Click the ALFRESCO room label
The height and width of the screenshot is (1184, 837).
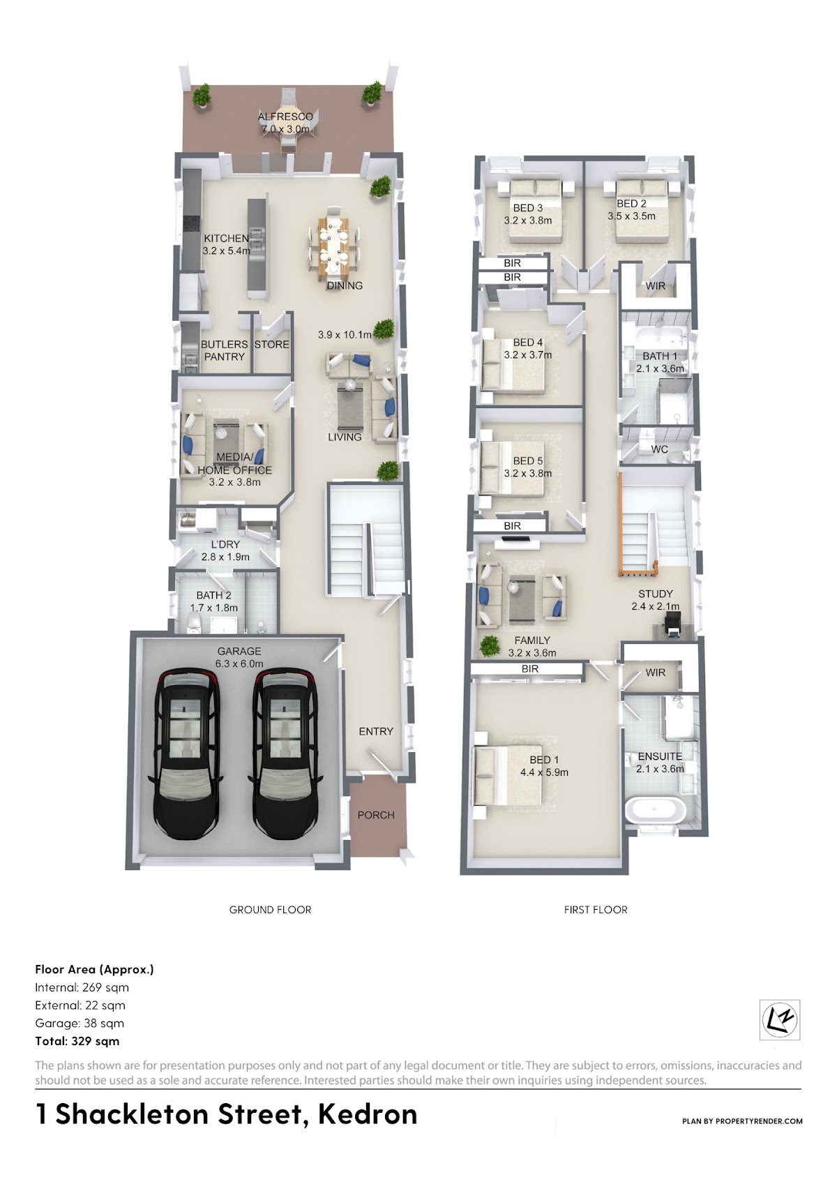coord(285,117)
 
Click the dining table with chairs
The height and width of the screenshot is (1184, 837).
coord(334,243)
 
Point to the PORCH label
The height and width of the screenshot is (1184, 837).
coord(376,815)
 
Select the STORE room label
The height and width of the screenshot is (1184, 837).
coord(271,345)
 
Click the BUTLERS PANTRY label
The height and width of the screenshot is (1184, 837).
coord(224,350)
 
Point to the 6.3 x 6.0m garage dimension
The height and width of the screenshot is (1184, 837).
coord(239,664)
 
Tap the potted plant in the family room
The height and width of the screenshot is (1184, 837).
coord(490,645)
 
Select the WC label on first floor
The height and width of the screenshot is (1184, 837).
coord(659,449)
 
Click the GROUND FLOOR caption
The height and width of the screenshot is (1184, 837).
coord(270,910)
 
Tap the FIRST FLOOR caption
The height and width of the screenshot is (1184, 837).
coord(596,910)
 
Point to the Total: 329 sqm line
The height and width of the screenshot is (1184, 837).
coord(77,1041)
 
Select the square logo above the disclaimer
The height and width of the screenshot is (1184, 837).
coord(779,1019)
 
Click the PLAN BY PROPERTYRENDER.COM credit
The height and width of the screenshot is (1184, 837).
coord(742,1121)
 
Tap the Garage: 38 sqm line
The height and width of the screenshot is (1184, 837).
coord(80,1024)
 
